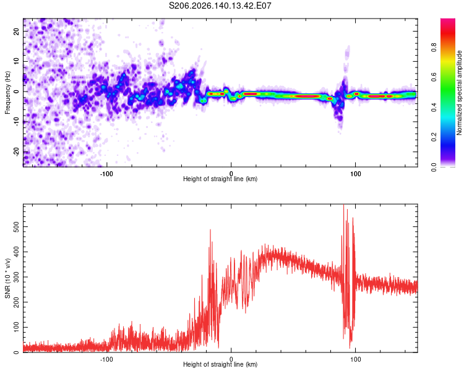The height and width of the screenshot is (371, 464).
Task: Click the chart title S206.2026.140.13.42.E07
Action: click(220, 6)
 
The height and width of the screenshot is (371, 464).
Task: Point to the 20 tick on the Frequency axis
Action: click(17, 31)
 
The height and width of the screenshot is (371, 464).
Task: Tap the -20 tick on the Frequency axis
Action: click(17, 152)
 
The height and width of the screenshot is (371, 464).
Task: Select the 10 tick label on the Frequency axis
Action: click(17, 61)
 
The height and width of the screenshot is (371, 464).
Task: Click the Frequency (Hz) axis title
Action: click(7, 93)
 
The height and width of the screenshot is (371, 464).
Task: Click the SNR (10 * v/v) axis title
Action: click(7, 278)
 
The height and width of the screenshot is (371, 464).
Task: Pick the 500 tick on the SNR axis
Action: click(17, 227)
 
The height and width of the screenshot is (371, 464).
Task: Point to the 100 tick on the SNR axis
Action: click(17, 327)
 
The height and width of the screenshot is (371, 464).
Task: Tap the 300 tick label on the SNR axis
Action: click(17, 277)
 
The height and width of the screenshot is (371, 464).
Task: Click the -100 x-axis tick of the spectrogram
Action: click(106, 174)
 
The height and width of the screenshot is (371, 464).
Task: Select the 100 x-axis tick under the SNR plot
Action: click(355, 359)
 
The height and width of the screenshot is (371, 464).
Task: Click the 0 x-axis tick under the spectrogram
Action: click(231, 174)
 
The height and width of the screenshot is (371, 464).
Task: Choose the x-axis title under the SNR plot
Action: click(220, 364)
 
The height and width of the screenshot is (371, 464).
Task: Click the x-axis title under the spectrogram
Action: click(220, 179)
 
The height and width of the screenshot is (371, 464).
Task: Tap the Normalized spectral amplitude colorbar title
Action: click(459, 93)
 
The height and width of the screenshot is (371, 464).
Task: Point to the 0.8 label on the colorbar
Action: click(434, 47)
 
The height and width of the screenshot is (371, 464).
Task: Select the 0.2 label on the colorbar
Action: click(434, 137)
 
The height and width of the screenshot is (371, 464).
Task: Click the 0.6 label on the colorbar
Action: click(434, 77)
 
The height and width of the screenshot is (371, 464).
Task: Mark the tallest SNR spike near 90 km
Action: click(343, 205)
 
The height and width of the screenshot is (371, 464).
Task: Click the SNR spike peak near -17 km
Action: click(210, 229)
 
